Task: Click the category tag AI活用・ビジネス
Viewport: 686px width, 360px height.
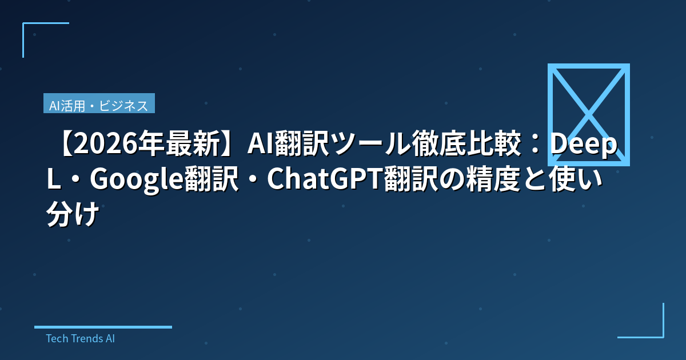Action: (x=99, y=105)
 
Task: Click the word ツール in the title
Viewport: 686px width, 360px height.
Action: (x=363, y=147)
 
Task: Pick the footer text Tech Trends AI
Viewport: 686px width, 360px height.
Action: (x=80, y=338)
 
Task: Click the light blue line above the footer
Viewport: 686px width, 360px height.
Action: (x=103, y=327)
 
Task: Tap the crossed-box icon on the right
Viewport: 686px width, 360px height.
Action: (x=588, y=114)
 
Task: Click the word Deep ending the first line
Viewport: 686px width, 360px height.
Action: (x=583, y=147)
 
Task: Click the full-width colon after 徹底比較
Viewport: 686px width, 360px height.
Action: (x=532, y=147)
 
